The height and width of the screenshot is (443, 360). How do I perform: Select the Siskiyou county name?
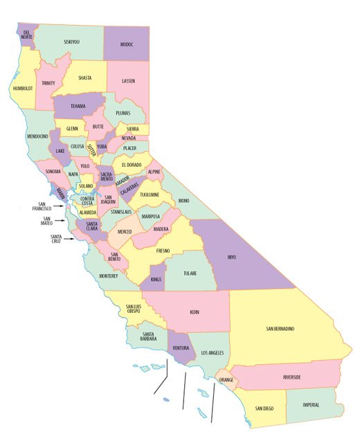pyautogui.click(x=71, y=42)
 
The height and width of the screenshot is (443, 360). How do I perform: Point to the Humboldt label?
pyautogui.click(x=22, y=89)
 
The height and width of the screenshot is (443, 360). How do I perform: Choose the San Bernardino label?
pyautogui.click(x=280, y=328)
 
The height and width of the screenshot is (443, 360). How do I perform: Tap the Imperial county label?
pyautogui.click(x=311, y=405)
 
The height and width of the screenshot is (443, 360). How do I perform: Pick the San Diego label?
pyautogui.click(x=264, y=409)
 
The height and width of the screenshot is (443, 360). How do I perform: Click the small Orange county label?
pyautogui.click(x=226, y=381)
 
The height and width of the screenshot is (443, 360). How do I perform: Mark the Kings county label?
pyautogui.click(x=156, y=279)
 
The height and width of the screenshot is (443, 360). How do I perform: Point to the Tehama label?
pyautogui.click(x=77, y=106)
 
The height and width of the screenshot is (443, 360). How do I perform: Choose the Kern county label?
pyautogui.click(x=195, y=312)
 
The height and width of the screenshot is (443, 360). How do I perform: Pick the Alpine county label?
pyautogui.click(x=154, y=171)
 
